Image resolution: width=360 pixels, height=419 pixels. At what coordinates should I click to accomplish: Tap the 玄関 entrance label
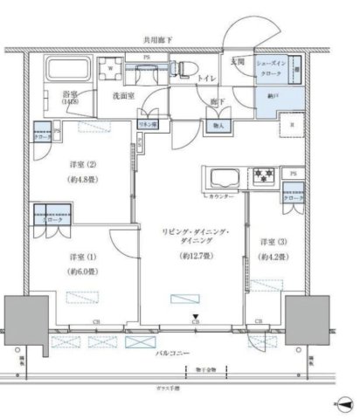pos(238,64)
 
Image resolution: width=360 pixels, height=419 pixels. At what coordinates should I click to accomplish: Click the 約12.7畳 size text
pos(194,256)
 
